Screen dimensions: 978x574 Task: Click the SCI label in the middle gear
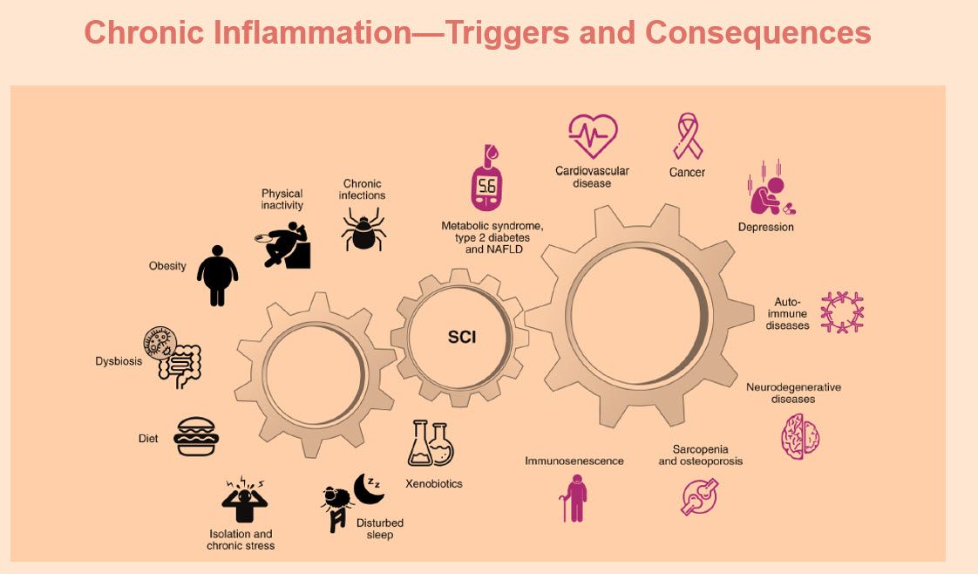click(x=462, y=337)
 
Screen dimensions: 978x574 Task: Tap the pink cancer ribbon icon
click(x=688, y=136)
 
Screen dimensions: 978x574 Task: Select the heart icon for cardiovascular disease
click(x=593, y=135)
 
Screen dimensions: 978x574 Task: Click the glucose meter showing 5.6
click(x=487, y=179)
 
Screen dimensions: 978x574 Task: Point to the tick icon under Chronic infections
click(x=363, y=229)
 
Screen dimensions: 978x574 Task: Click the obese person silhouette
click(x=217, y=275)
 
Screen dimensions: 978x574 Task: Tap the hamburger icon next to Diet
click(x=196, y=436)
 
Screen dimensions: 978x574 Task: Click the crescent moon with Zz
click(x=369, y=488)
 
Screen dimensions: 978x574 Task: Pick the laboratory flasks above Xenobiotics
click(x=431, y=443)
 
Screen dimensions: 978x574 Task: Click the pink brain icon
click(x=800, y=437)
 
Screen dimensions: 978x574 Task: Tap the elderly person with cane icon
click(x=574, y=498)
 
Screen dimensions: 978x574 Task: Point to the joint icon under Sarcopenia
click(x=699, y=496)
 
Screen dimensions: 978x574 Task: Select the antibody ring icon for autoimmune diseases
click(x=842, y=312)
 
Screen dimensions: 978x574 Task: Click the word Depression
click(x=766, y=227)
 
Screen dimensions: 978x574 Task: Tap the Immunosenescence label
click(x=574, y=461)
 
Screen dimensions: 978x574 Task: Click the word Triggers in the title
click(x=506, y=33)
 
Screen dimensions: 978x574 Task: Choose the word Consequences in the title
click(x=757, y=33)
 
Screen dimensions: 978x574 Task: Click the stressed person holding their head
click(x=244, y=499)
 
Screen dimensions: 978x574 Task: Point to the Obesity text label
click(x=167, y=266)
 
